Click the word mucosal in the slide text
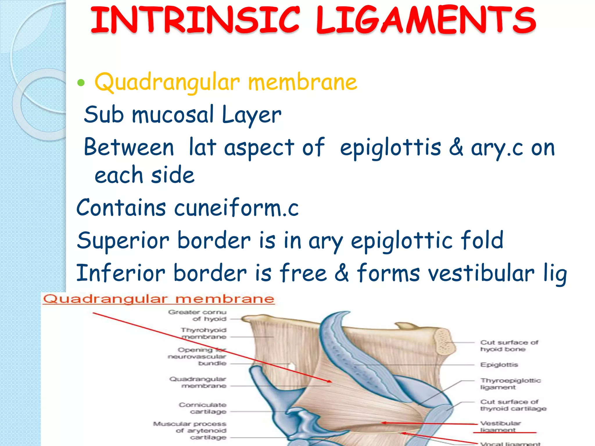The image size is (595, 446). (173, 114)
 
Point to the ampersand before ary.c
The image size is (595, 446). (456, 147)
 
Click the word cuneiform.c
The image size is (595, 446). (236, 208)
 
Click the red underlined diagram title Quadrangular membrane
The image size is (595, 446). (159, 299)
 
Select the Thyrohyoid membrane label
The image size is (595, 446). (204, 333)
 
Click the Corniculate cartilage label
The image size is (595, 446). (203, 408)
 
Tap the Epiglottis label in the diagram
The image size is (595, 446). (499, 365)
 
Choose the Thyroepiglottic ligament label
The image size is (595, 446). (510, 384)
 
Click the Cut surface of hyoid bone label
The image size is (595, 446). (509, 346)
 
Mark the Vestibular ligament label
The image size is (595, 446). (500, 426)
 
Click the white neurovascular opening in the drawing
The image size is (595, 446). (291, 366)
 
